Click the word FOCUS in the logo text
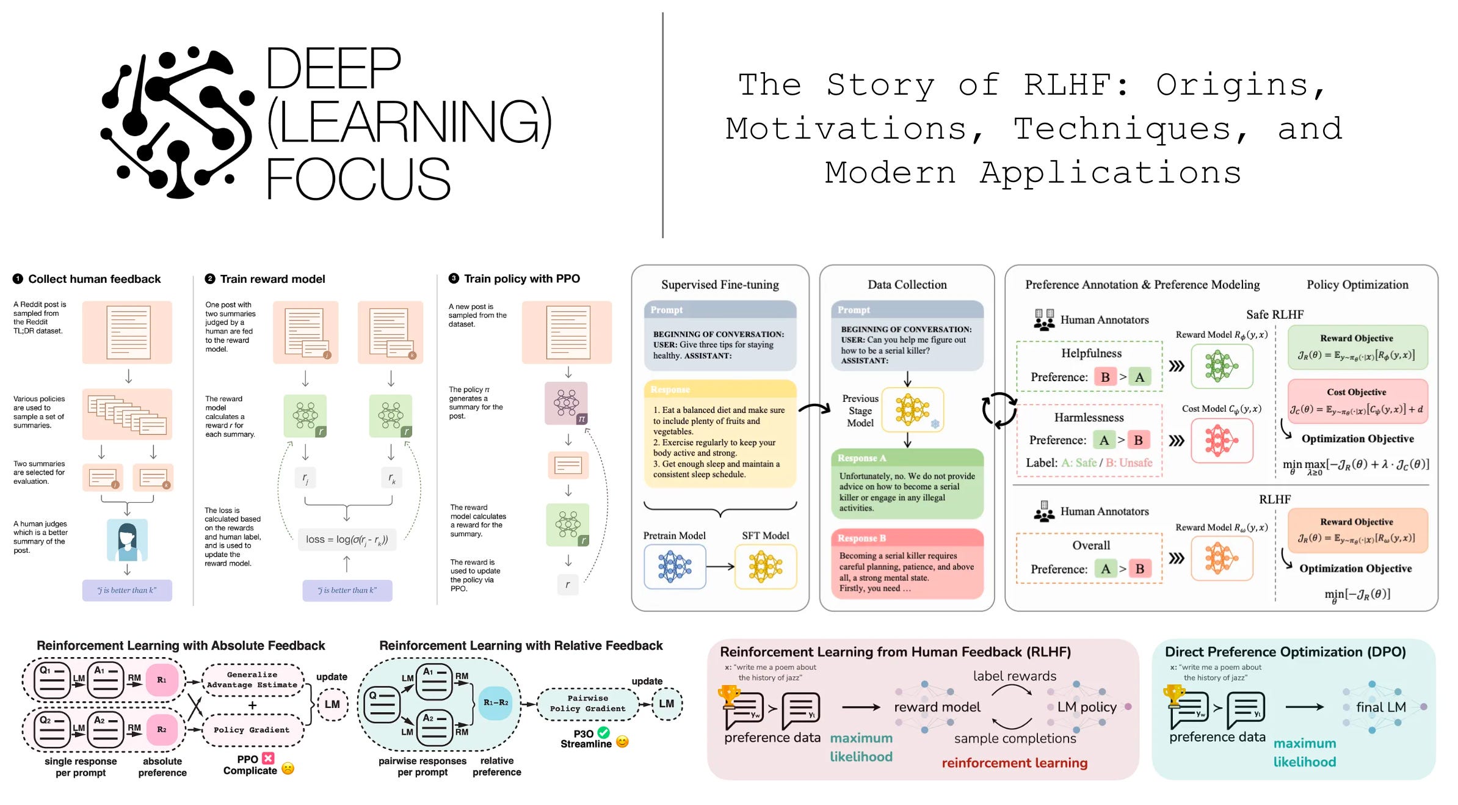click(358, 178)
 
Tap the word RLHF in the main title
click(1076, 85)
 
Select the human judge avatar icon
click(127, 540)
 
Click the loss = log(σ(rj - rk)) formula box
click(347, 540)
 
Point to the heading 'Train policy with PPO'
click(521, 279)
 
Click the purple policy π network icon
click(566, 403)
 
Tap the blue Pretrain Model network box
click(675, 566)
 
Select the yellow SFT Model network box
click(765, 566)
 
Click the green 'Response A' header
click(907, 458)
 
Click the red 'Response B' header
click(907, 538)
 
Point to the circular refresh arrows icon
click(999, 410)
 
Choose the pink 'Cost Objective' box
click(1357, 401)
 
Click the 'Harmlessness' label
click(1089, 418)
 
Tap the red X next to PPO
click(268, 759)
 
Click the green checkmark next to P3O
click(603, 733)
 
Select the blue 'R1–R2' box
click(495, 703)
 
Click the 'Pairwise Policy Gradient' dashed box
click(587, 704)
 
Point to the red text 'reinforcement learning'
click(1014, 763)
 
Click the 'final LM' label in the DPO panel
click(1380, 707)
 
